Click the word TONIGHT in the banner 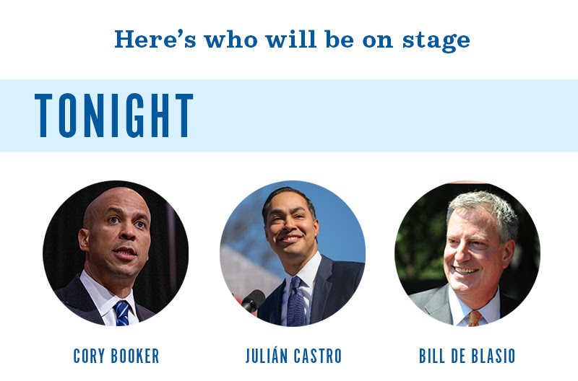114,115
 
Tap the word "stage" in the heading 436,40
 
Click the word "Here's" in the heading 155,39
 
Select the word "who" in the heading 230,39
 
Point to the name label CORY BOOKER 116,356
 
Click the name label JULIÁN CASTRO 294,356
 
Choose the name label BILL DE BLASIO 467,356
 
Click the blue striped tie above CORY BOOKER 122,313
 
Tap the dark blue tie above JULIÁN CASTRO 296,302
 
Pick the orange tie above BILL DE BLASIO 474,318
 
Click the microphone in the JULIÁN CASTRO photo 254,300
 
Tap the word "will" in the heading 291,39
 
